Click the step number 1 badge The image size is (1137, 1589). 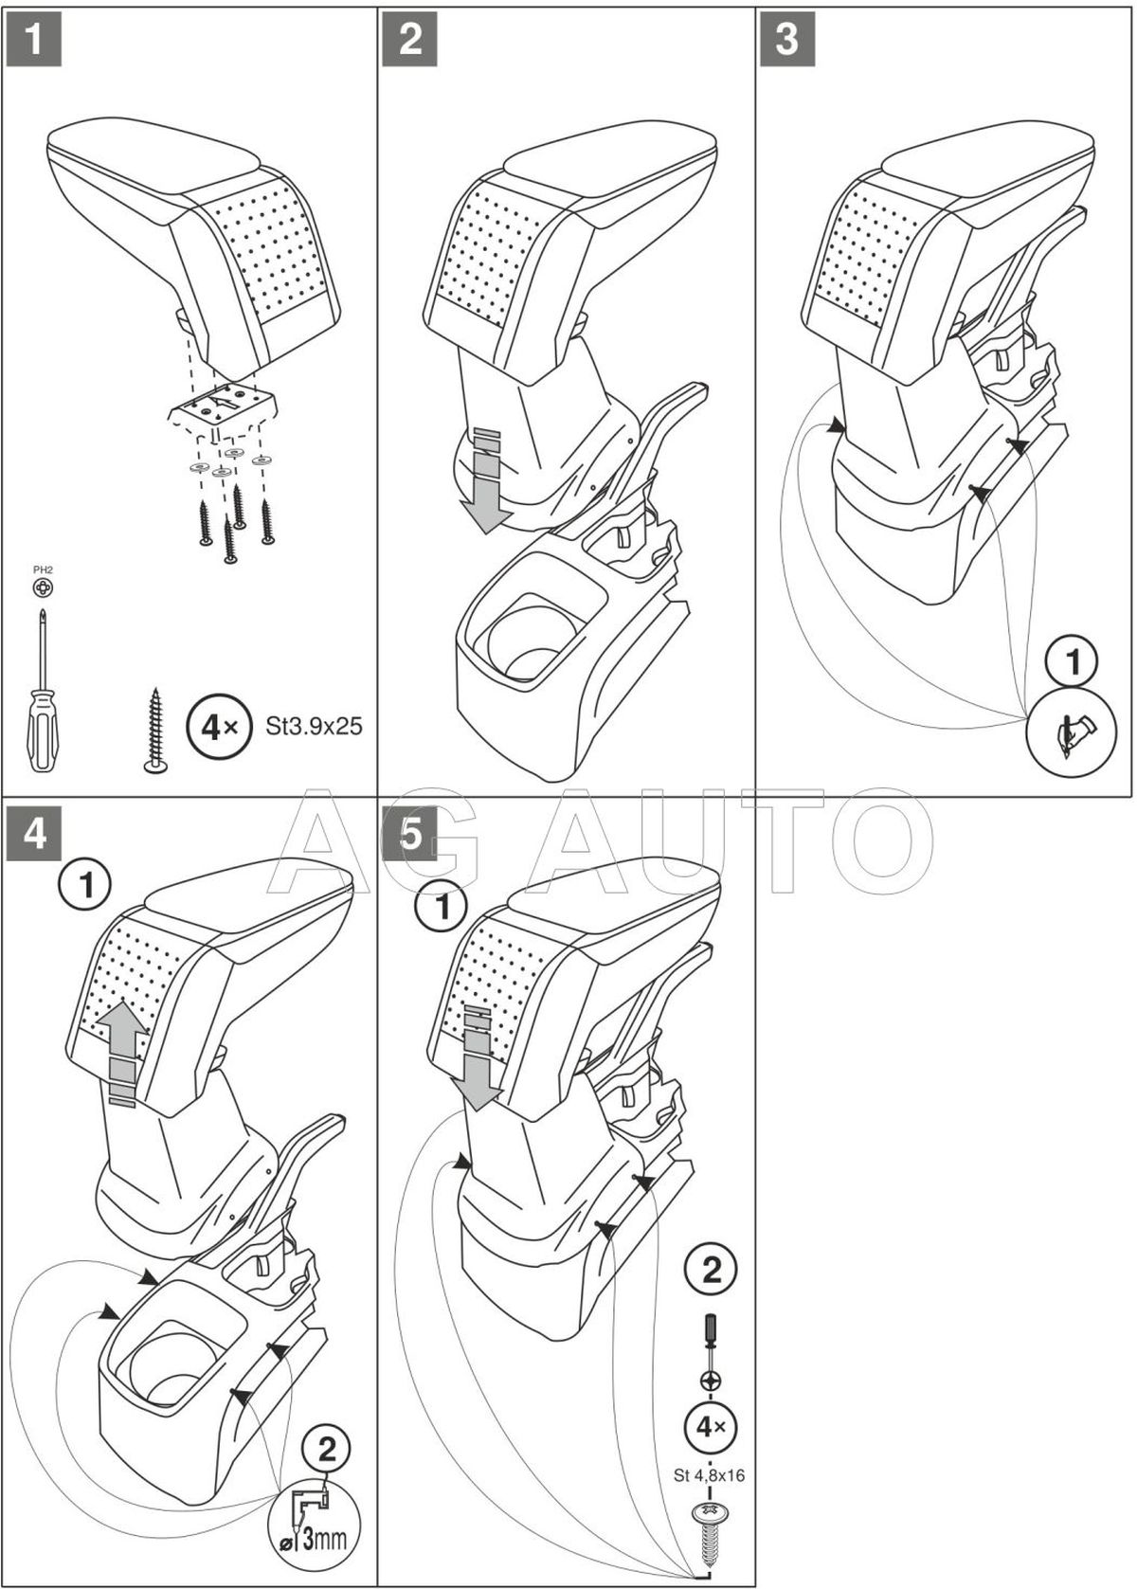tap(33, 38)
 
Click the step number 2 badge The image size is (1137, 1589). tap(410, 38)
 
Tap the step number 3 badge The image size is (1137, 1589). tap(787, 38)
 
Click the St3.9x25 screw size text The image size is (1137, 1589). tap(314, 727)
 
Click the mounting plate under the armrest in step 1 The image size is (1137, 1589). tap(224, 410)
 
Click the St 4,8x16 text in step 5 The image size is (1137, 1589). tap(710, 1474)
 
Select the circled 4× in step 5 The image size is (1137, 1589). tap(711, 1425)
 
